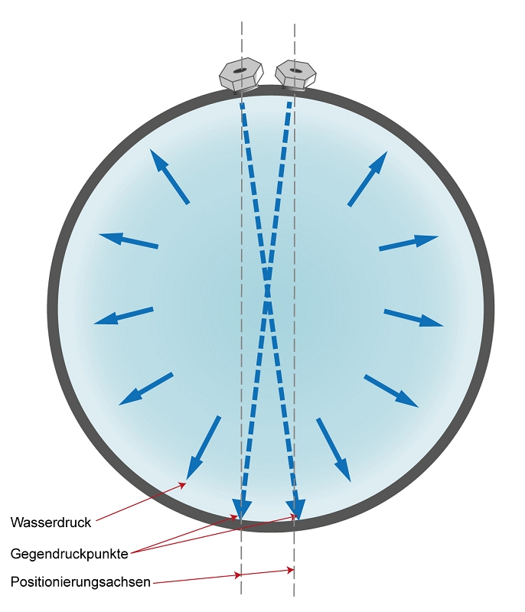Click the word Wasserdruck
[x=51, y=522]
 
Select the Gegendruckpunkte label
[x=70, y=553]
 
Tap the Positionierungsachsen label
[x=80, y=582]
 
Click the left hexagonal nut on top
[x=241, y=75]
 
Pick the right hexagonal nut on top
[x=295, y=74]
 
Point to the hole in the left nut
[x=240, y=70]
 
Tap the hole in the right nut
[x=295, y=70]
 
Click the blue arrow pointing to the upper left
[x=169, y=177]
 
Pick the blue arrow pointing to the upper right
[x=367, y=179]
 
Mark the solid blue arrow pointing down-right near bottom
[x=334, y=450]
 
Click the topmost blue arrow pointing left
[x=129, y=240]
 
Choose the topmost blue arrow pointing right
[x=409, y=243]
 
